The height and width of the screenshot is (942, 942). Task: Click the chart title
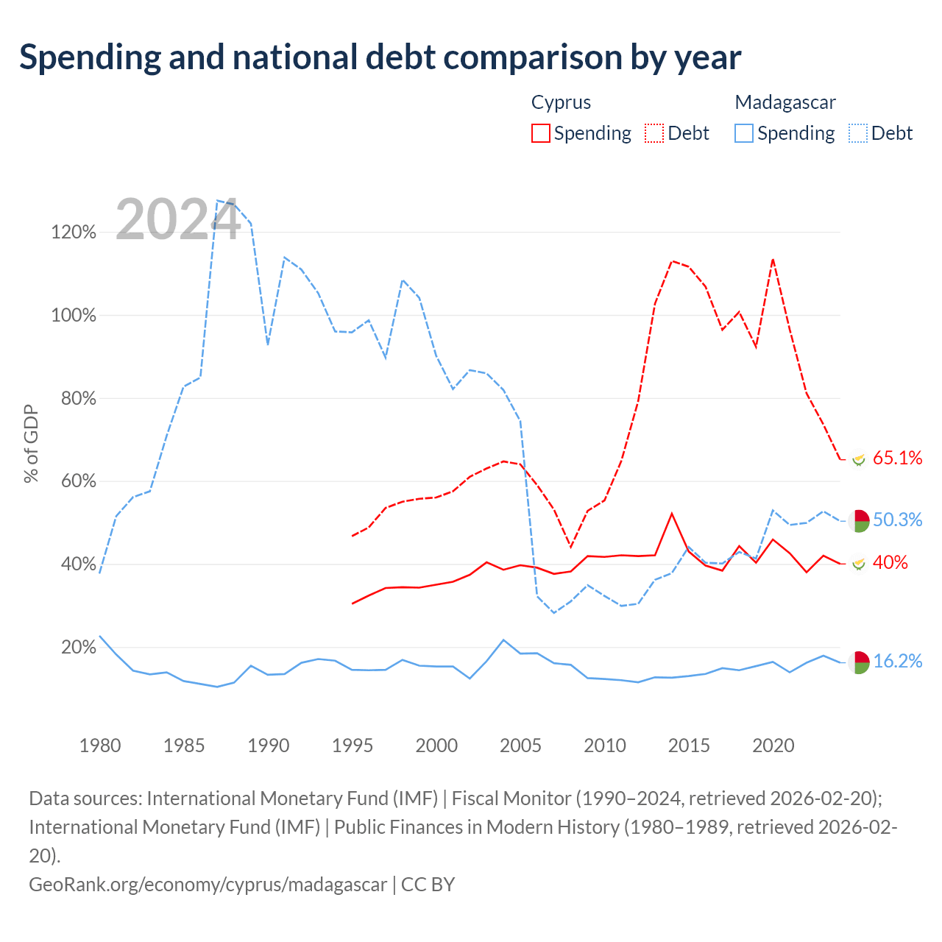380,57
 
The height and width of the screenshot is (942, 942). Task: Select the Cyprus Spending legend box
540,133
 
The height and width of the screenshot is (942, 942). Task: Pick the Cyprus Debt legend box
654,133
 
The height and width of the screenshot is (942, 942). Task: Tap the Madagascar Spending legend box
743,133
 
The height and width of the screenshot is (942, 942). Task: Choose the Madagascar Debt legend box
857,133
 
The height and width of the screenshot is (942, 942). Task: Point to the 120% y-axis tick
74,232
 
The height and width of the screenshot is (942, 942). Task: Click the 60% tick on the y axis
78,481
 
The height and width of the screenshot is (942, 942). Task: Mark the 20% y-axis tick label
78,647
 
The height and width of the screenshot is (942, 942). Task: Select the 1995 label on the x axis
352,746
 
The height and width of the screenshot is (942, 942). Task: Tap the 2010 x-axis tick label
605,746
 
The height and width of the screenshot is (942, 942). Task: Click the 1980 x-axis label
100,746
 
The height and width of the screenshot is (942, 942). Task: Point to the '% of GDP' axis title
31,443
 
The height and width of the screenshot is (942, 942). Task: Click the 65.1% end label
897,458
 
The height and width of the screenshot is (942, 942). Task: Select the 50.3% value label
897,519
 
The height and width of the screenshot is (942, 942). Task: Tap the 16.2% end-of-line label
897,661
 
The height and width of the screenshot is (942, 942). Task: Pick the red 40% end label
890,562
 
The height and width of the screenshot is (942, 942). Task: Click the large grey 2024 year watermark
178,219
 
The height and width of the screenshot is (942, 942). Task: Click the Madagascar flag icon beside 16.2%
858,662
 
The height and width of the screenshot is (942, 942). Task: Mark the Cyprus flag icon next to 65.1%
858,459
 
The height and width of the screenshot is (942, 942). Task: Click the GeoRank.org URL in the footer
208,885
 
